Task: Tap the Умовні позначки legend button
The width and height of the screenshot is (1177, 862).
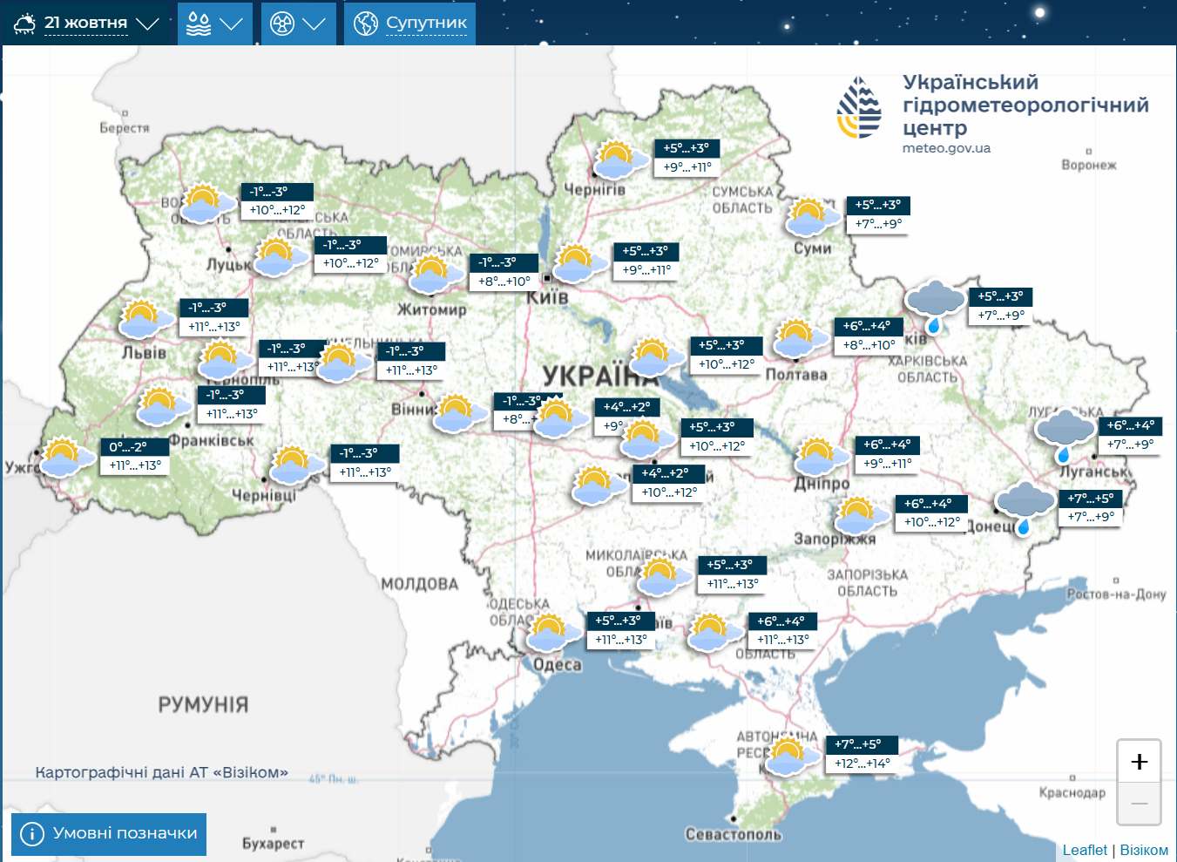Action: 109,834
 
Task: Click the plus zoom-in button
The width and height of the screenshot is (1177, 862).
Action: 1139,762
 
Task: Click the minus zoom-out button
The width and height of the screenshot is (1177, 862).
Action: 1139,803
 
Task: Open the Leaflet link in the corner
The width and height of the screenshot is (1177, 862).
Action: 1084,850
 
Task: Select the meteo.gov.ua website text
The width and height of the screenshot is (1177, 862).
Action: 946,148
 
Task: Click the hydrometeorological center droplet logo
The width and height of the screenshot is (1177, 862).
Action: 859,108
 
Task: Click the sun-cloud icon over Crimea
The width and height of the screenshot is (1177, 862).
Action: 788,756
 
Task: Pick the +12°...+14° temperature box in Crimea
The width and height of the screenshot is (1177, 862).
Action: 862,764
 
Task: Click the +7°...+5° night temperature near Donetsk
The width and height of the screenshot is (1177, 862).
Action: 1090,499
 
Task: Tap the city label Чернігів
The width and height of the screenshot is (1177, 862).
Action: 594,189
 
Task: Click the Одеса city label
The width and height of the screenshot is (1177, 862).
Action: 557,665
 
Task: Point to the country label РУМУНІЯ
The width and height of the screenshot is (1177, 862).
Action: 203,704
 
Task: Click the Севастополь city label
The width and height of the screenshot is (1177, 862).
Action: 733,834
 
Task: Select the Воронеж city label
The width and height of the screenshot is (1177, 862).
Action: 1088,165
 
